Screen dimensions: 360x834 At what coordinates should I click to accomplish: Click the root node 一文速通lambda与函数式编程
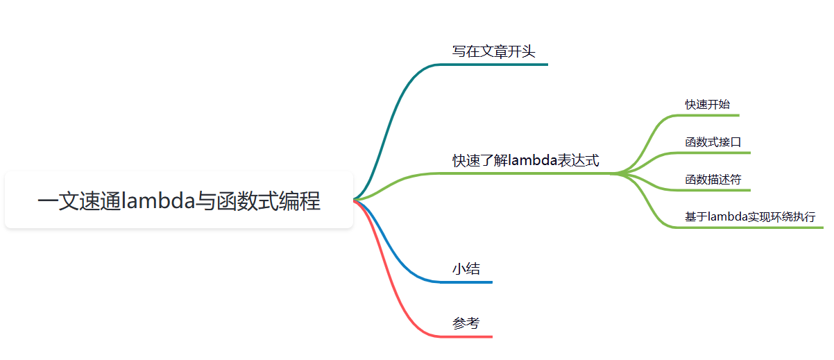pyautogui.click(x=179, y=200)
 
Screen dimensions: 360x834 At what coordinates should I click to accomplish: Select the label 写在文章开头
pyautogui.click(x=493, y=51)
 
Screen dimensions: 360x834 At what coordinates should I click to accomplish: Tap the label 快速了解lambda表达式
pyautogui.click(x=526, y=161)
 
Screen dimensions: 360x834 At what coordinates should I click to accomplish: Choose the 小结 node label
pyautogui.click(x=466, y=269)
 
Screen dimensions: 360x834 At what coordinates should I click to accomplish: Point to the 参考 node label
pyautogui.click(x=466, y=323)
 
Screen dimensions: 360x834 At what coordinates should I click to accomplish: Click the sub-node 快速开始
pyautogui.click(x=708, y=104)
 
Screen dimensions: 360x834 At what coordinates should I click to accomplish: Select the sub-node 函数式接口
pyautogui.click(x=713, y=142)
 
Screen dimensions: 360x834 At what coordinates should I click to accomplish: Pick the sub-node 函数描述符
pyautogui.click(x=713, y=180)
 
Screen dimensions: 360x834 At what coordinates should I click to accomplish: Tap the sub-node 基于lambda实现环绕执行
pyautogui.click(x=750, y=217)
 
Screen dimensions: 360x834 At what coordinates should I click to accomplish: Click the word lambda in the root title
pyautogui.click(x=158, y=200)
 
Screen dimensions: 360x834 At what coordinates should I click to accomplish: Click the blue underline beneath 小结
pyautogui.click(x=472, y=282)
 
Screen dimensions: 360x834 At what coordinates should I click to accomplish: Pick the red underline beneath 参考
pyautogui.click(x=472, y=336)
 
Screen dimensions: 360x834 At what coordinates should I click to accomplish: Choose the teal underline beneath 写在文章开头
pyautogui.click(x=500, y=65)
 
